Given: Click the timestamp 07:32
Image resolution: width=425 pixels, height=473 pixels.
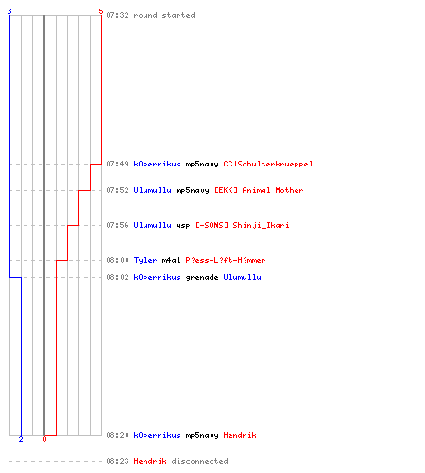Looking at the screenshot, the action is (117, 15).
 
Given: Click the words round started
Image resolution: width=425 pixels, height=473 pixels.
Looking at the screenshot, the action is (164, 15).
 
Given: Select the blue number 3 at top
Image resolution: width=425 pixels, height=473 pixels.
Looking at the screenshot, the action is (9, 11).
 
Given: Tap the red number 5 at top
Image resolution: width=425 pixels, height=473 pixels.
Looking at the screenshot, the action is (101, 11).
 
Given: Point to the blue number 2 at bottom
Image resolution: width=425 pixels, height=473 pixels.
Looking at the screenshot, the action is (21, 439).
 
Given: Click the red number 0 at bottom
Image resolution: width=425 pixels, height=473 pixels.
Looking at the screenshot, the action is (44, 439).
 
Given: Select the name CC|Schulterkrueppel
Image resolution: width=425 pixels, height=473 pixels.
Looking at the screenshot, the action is (268, 164).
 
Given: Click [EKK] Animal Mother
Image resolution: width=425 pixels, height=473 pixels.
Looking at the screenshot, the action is (259, 190).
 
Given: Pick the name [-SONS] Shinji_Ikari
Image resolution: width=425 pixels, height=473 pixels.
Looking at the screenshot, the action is (243, 225).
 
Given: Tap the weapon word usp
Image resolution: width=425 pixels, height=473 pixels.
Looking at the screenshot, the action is (183, 226).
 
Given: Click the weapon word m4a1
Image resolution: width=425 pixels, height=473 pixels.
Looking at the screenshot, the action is (171, 260).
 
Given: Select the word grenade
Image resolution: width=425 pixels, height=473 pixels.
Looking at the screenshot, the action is (202, 277).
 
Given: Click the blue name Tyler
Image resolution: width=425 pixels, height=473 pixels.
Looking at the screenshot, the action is (145, 260).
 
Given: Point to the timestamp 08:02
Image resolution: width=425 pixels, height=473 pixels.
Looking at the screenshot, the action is (117, 277).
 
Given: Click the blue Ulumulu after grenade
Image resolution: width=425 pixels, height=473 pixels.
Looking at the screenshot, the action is (242, 277).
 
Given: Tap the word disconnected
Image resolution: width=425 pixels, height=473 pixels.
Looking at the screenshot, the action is (199, 461).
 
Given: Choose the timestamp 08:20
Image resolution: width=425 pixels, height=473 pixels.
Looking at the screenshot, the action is (117, 435).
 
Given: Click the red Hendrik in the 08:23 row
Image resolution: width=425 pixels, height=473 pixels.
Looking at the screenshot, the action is (150, 461).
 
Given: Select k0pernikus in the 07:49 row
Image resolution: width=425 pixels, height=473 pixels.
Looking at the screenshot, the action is (157, 164).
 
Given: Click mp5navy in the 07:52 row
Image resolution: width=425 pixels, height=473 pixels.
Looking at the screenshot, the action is (193, 190).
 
